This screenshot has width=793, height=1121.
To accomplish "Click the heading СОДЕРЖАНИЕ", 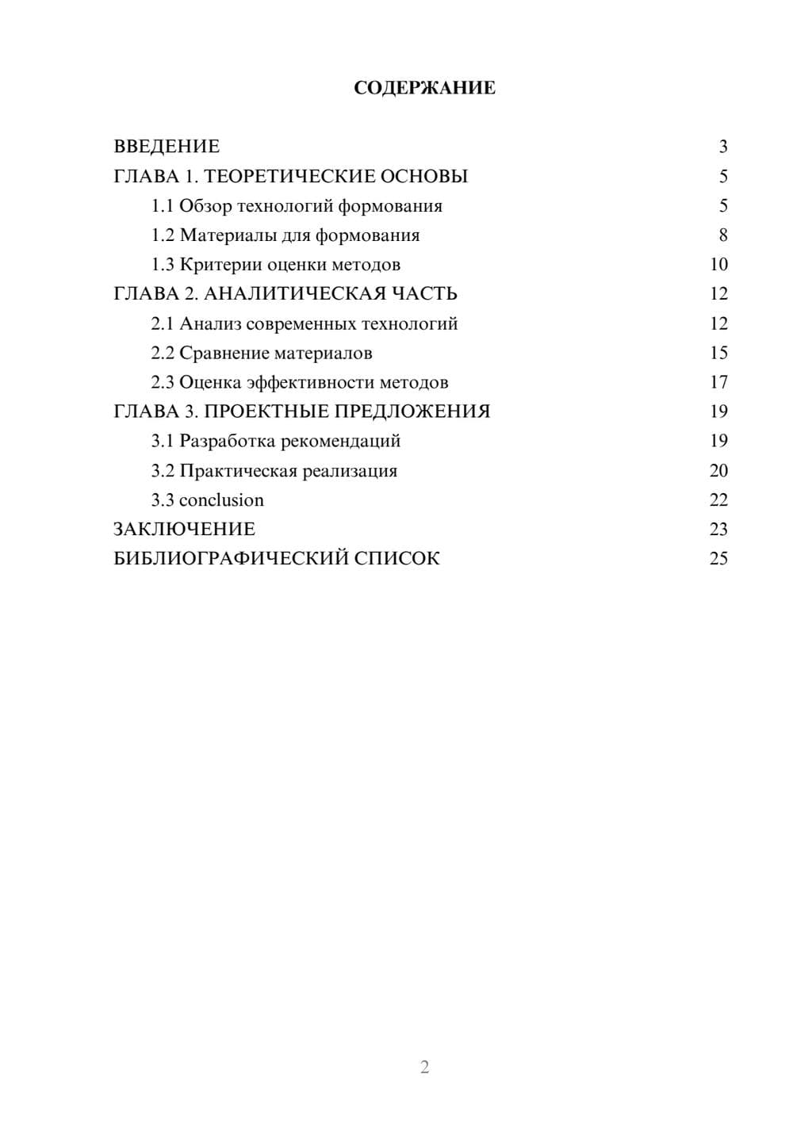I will [424, 88].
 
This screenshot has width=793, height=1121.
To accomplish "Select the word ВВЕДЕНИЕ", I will [167, 147].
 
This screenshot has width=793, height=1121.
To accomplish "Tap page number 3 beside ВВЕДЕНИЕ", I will [722, 147].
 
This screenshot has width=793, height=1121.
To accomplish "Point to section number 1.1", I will [163, 206].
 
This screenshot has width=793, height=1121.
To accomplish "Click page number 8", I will [722, 235].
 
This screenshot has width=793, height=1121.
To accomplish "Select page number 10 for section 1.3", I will [718, 265].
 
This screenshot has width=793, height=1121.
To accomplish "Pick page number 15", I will [718, 353].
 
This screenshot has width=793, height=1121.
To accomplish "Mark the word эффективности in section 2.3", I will [310, 383].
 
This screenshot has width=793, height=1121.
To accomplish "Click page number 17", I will [718, 383].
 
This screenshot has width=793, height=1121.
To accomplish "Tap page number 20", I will [718, 471].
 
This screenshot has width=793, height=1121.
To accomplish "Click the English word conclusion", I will [221, 500].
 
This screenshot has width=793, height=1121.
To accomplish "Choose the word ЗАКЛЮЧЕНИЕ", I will [184, 530].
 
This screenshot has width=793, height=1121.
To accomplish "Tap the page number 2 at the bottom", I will [424, 1067].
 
